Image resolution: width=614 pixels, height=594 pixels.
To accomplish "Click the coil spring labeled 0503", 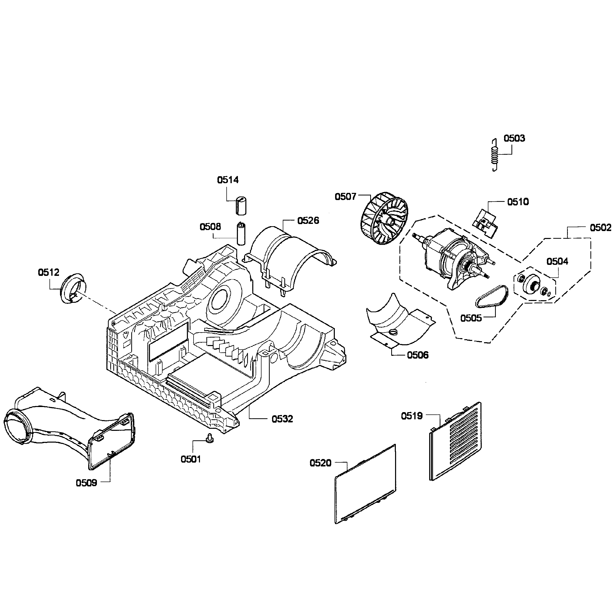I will pyautogui.click(x=495, y=155).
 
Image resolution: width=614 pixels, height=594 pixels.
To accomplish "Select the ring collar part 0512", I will pyautogui.click(x=73, y=288).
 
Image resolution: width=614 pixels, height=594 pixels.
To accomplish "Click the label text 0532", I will pyautogui.click(x=282, y=419).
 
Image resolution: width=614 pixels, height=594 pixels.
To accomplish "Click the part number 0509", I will pyautogui.click(x=86, y=483).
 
